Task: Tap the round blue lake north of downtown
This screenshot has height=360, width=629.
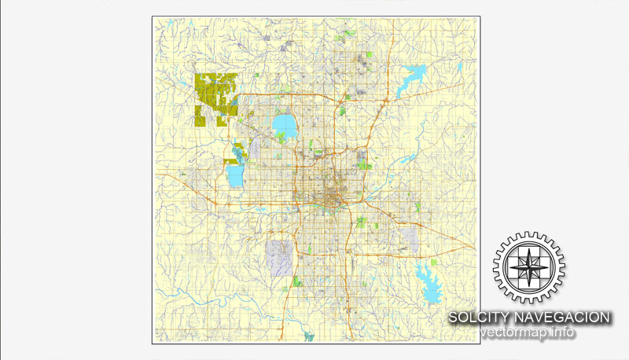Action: (x=284, y=124)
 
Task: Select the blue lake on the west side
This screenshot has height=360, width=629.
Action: (x=235, y=174)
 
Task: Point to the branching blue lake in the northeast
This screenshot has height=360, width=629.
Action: (x=414, y=78)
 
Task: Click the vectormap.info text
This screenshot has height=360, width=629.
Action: (x=528, y=332)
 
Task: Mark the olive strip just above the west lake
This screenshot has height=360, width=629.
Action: (x=232, y=160)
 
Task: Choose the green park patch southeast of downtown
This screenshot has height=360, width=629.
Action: (x=361, y=222)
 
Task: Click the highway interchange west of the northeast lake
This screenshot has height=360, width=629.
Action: (x=385, y=102)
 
